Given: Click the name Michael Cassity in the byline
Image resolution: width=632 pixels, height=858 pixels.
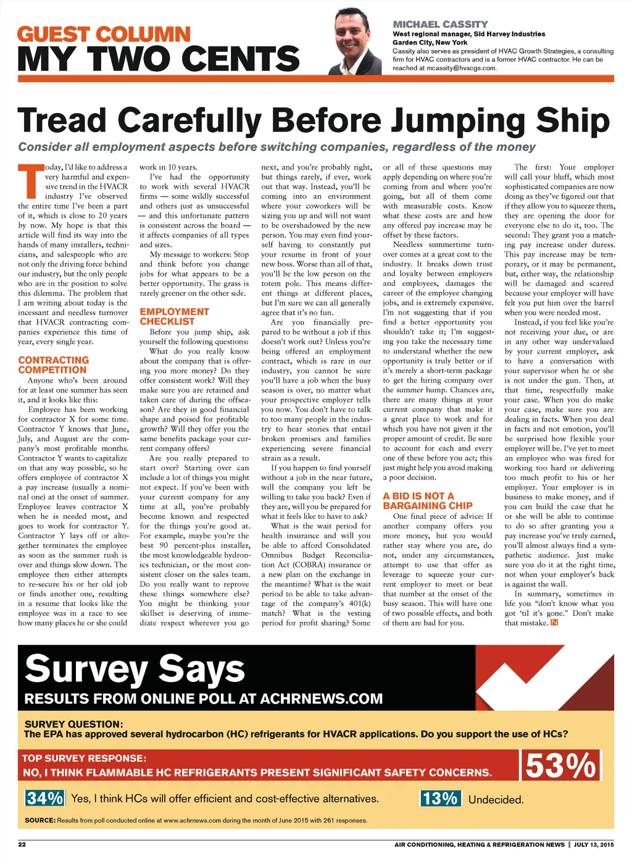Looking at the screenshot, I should [x=440, y=24].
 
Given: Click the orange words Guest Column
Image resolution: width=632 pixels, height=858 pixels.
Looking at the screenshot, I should [x=104, y=34].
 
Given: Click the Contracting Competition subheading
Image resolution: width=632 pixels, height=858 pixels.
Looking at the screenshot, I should [x=53, y=365].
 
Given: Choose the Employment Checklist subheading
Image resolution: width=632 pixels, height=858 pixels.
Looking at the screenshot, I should [x=174, y=316].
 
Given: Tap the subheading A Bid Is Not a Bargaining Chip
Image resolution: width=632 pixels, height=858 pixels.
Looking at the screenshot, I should [x=427, y=500].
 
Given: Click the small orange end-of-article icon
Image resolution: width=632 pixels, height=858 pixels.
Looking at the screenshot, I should [x=554, y=623].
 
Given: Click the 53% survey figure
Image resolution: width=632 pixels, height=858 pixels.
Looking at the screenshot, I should [x=561, y=766].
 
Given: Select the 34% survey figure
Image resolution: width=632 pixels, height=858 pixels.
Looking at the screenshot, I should [x=44, y=798].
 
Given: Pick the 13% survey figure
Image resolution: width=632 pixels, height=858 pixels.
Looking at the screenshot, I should [x=440, y=799].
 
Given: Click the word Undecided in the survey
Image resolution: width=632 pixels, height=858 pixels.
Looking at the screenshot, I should [x=496, y=799].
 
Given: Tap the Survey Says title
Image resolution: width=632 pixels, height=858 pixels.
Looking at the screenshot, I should [x=135, y=669].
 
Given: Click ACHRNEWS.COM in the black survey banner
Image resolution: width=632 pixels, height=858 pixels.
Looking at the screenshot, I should [x=321, y=699].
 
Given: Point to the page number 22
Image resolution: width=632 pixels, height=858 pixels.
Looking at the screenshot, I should [x=22, y=844].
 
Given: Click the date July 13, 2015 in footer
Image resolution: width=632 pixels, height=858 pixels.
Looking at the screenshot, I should [x=594, y=844].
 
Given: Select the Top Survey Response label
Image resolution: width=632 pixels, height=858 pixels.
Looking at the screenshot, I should [x=84, y=758].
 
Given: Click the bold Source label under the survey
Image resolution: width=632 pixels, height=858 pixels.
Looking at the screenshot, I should [x=40, y=820].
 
